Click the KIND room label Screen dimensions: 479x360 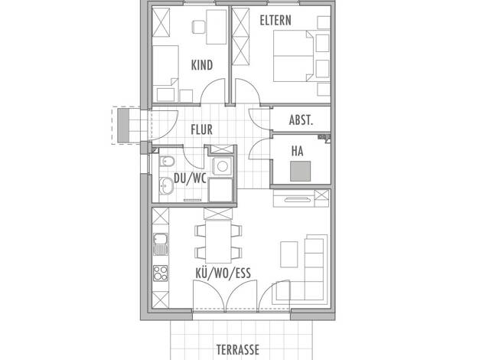click(202, 65)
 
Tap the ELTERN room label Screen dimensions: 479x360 click(275, 21)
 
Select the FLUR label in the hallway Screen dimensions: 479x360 click(201, 129)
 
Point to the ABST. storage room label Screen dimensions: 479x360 click(301, 120)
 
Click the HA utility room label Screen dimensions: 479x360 click(297, 151)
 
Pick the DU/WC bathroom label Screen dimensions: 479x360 click(190, 178)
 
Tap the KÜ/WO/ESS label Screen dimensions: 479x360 click(223, 273)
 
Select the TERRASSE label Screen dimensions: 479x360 click(238, 349)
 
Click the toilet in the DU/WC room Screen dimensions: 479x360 click(167, 161)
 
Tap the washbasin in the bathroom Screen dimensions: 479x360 click(166, 185)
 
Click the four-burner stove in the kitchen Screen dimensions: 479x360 click(161, 273)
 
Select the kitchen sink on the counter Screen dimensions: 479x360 click(161, 244)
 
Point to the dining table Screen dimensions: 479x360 click(218, 241)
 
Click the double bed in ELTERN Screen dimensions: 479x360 click(294, 56)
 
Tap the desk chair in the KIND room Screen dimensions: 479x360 click(198, 27)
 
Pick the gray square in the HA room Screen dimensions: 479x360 click(300, 171)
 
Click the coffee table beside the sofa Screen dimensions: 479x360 click(289, 254)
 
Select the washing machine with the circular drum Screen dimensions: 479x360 click(222, 166)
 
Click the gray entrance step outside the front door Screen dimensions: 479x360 click(123, 126)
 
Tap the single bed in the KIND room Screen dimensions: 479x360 click(165, 74)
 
